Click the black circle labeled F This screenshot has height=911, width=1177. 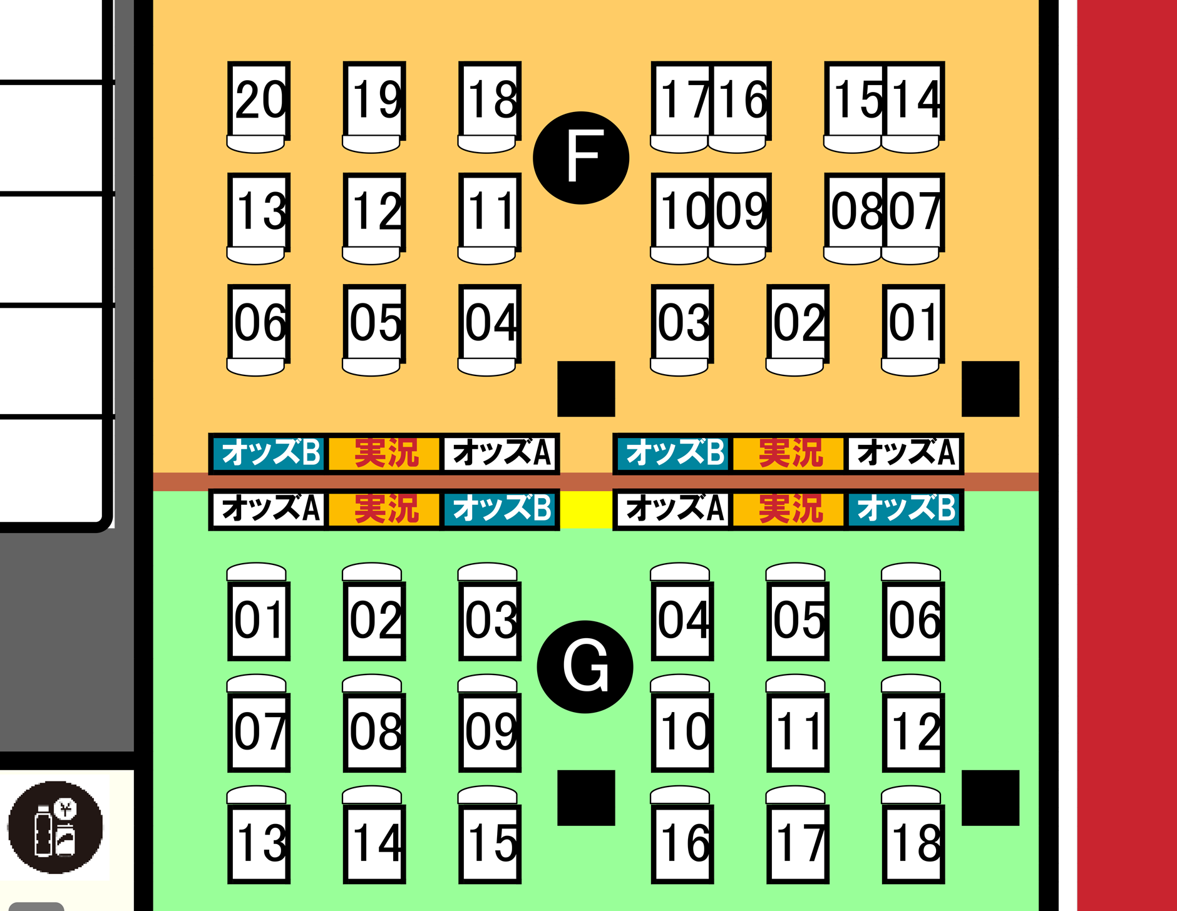[x=581, y=158]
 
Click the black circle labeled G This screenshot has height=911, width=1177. [x=585, y=666]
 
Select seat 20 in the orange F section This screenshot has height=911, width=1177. [x=259, y=100]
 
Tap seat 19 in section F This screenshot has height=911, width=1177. [x=374, y=100]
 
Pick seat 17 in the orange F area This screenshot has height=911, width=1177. [x=681, y=100]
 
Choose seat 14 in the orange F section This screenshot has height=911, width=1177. [x=913, y=100]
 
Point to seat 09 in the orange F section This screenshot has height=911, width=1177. [x=740, y=211]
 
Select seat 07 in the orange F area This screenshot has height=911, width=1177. [x=913, y=211]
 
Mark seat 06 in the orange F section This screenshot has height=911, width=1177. [x=259, y=323]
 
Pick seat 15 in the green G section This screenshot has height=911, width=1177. [x=490, y=843]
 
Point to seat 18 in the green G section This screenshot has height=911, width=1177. [x=913, y=843]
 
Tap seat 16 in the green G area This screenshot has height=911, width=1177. [x=682, y=843]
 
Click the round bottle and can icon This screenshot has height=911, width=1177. [x=55, y=827]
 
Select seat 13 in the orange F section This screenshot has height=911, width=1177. [x=259, y=211]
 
